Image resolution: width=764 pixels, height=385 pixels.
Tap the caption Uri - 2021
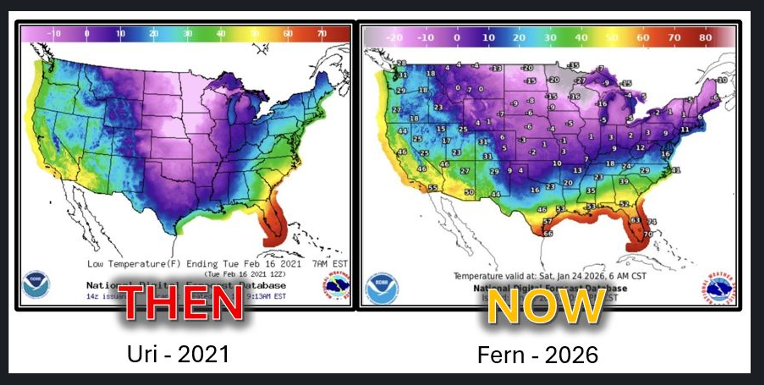pos(178,354)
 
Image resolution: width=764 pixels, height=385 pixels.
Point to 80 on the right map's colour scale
pos(705,38)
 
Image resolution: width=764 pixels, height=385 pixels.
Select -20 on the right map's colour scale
pos(395,38)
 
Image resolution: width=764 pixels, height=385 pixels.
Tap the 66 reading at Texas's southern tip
pos(548,233)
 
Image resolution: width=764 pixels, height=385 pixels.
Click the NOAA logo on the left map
pos(36,284)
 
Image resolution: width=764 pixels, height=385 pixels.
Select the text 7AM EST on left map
pos(329,264)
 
